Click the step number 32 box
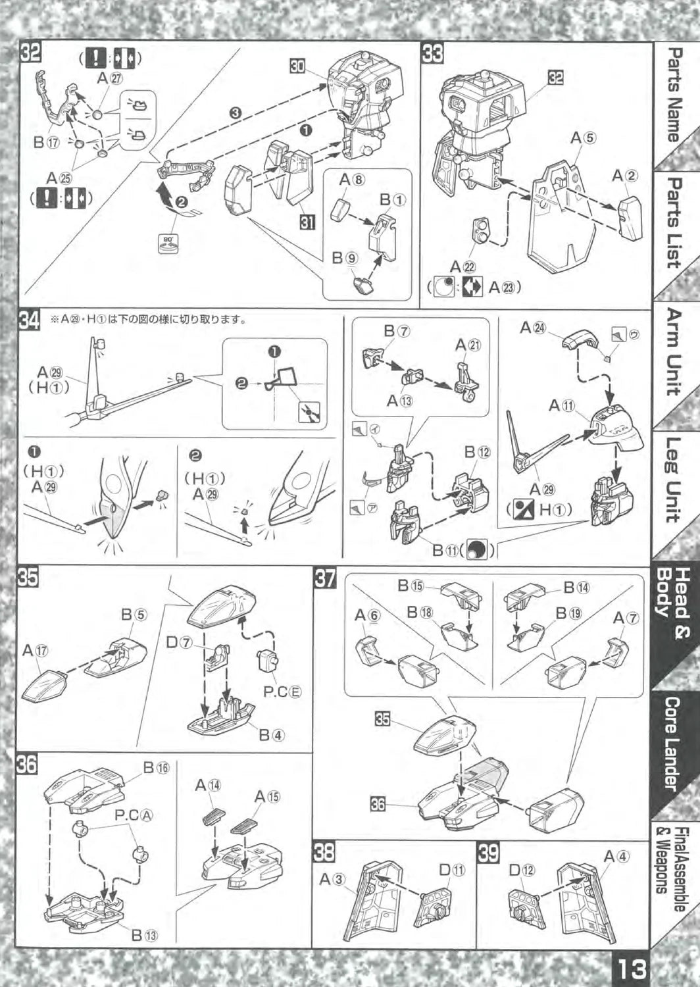pos(31,53)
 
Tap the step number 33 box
pos(432,53)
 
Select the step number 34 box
pos(30,320)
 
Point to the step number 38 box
pos(324,853)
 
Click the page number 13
pos(630,969)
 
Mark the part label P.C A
pos(134,815)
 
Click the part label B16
pos(156,767)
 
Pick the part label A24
pos(532,327)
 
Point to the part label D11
pos(451,870)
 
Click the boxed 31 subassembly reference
pos(307,222)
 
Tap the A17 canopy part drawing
pos(44,684)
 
